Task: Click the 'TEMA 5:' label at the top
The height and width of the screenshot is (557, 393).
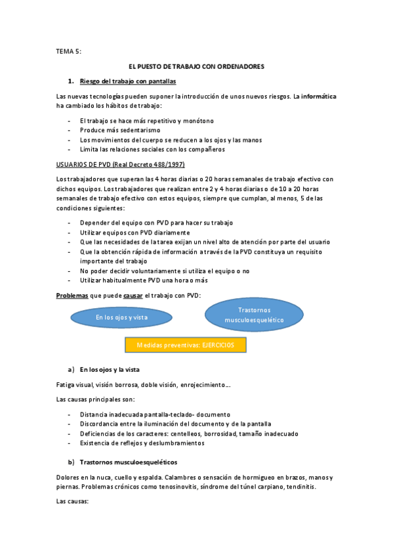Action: (69, 51)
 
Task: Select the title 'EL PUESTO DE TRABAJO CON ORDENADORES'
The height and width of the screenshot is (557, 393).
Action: (196, 66)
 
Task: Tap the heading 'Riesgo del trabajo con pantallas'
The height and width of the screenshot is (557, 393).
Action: (127, 81)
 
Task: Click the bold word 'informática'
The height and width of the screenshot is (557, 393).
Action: (319, 96)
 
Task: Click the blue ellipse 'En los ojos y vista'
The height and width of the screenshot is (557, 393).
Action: (122, 318)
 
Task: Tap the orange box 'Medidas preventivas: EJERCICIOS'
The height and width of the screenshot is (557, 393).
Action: (186, 345)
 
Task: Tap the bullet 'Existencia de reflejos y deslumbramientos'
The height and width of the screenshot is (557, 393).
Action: (142, 443)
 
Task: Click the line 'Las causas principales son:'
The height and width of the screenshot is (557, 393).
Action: (96, 399)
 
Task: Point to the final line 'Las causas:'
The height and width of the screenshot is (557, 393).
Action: (73, 501)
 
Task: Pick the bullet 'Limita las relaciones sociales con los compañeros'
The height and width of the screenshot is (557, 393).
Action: (152, 149)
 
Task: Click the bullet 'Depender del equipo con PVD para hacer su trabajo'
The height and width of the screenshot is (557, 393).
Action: (156, 223)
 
